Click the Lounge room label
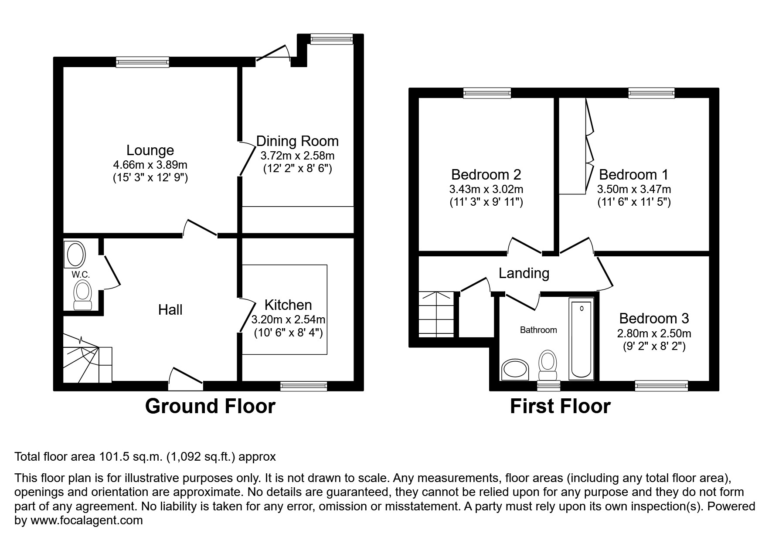click(x=150, y=150)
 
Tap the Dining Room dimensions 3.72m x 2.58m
click(x=297, y=156)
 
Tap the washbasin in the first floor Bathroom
click(x=515, y=370)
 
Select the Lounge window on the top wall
click(x=143, y=62)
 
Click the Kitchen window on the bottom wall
click(x=303, y=386)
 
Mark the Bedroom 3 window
click(x=661, y=385)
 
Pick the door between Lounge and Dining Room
click(x=246, y=158)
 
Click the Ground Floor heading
click(x=210, y=406)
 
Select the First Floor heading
click(x=560, y=406)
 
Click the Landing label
click(x=524, y=273)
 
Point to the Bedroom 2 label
click(x=486, y=175)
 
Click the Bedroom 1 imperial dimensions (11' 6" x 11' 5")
click(x=634, y=202)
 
